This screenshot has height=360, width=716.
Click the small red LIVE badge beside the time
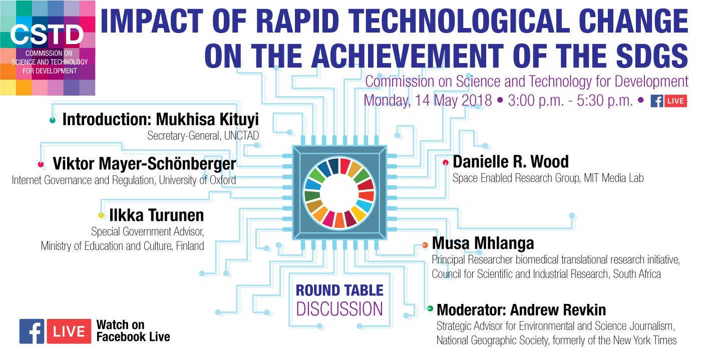675,101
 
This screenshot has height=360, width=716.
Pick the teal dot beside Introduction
52,120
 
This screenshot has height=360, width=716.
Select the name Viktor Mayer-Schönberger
144,164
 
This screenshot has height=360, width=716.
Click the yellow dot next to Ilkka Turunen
101,215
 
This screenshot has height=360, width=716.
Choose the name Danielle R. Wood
511,162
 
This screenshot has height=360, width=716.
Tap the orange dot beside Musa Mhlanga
425,245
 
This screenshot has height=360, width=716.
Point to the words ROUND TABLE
339,290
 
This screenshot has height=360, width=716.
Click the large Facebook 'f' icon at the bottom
32,331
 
